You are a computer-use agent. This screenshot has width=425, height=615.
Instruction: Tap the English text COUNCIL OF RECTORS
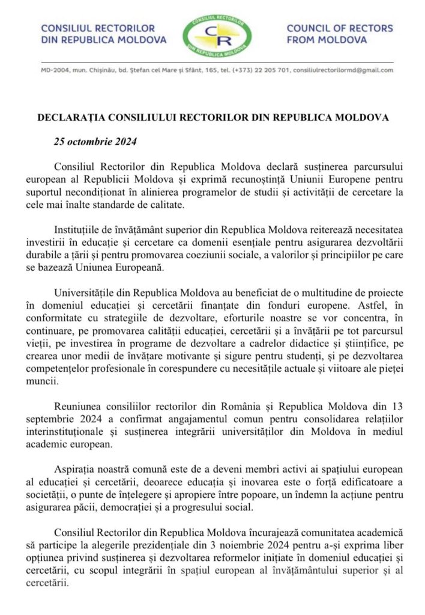point(340,28)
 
